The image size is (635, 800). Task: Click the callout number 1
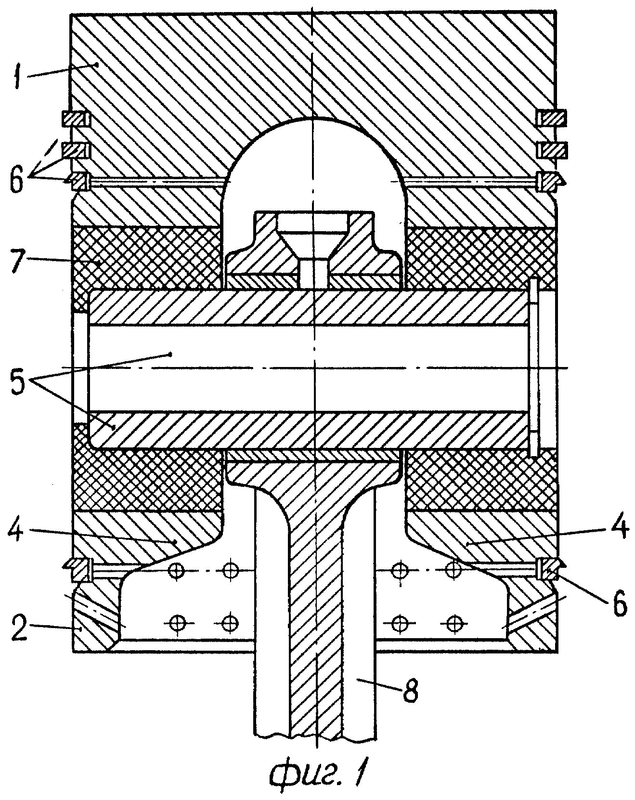coord(19,76)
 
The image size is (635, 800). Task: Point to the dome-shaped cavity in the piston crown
coord(314,164)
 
